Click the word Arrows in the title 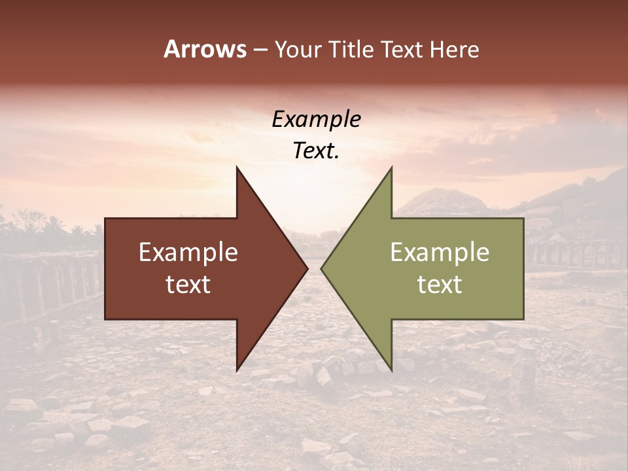[205, 49]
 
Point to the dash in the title [260, 50]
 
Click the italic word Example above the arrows [316, 120]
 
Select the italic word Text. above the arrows [316, 151]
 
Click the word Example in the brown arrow [188, 253]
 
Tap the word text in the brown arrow [188, 285]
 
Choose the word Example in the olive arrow [440, 253]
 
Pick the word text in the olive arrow [440, 285]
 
